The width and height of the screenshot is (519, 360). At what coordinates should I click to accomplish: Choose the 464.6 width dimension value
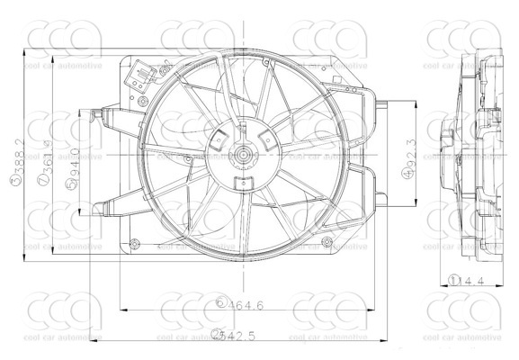tap(246, 306)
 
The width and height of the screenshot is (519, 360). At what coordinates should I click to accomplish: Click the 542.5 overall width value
tap(240, 336)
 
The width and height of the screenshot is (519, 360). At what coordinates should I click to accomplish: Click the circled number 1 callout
tap(455, 282)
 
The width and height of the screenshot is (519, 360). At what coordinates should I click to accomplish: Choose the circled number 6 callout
tap(219, 305)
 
